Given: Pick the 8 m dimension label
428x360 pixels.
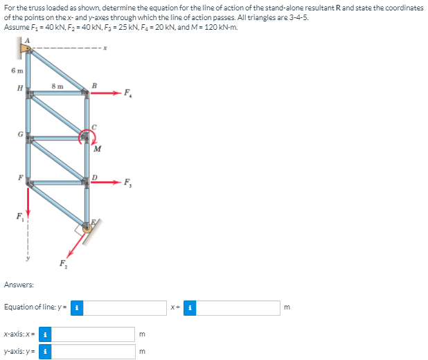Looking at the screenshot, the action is point(58,87).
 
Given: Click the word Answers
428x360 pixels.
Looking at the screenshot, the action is point(19,285).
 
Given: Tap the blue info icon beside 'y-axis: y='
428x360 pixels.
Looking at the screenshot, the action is point(45,351).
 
